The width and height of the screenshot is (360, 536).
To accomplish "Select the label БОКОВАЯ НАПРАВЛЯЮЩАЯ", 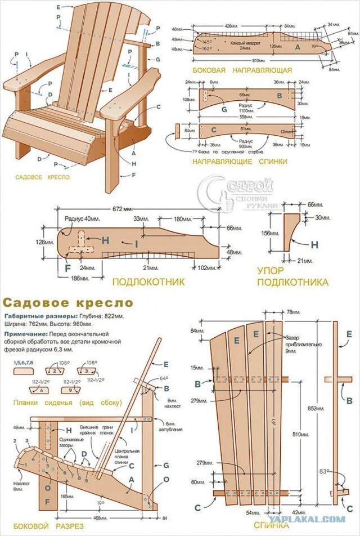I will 242,70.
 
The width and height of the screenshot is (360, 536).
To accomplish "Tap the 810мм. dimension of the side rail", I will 259,60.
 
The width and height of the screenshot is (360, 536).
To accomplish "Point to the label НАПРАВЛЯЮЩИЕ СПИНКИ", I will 240,162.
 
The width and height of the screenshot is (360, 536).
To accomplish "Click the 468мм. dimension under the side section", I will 101,517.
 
